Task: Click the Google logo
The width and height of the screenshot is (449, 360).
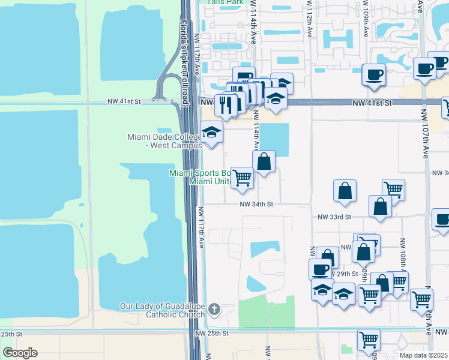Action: click(x=20, y=353)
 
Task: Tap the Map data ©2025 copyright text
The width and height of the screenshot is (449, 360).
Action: click(x=424, y=355)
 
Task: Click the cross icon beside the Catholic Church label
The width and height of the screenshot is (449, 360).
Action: click(x=214, y=310)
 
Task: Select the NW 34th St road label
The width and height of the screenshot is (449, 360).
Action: click(x=256, y=205)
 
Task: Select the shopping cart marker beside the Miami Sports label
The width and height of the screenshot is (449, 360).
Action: click(x=242, y=178)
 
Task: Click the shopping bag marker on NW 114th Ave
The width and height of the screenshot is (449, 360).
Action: click(x=264, y=161)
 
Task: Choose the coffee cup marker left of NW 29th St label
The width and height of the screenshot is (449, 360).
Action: click(x=321, y=269)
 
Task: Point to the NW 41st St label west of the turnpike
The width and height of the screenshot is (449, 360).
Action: click(x=124, y=102)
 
